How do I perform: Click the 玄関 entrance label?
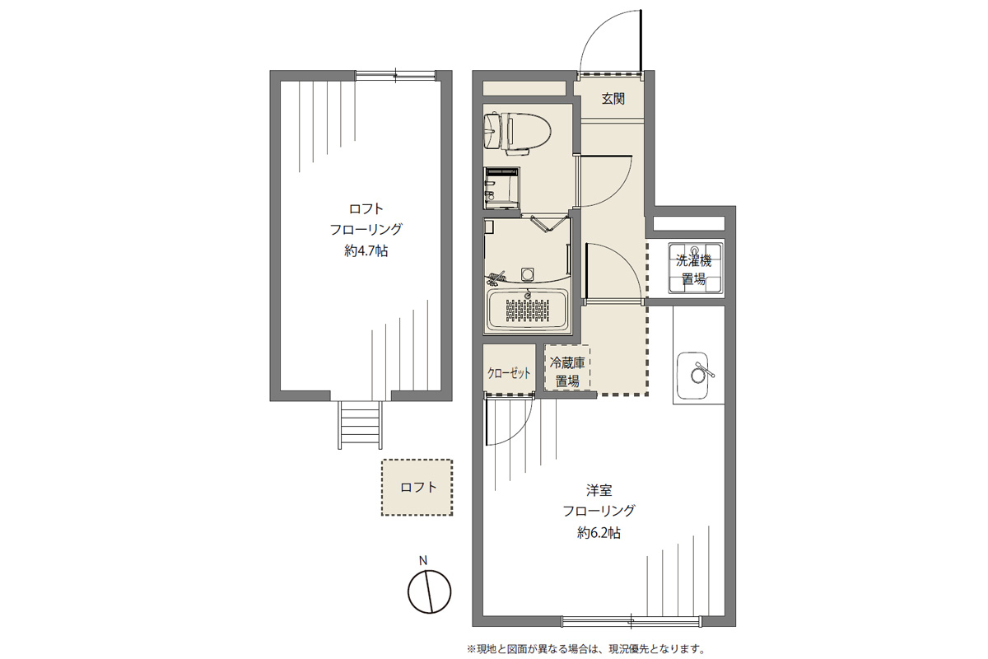(613, 98)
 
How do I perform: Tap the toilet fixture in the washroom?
(518, 133)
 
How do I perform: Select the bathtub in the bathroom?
(527, 310)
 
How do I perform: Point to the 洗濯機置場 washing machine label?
(694, 269)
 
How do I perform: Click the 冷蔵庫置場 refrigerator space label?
(567, 372)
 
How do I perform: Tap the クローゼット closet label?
(509, 373)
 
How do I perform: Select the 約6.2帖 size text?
(599, 533)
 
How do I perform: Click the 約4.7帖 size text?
(366, 250)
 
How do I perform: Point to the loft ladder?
(361, 424)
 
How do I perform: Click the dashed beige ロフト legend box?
(417, 488)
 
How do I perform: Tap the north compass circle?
(429, 591)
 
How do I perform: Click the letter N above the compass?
(423, 561)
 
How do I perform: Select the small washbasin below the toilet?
(501, 188)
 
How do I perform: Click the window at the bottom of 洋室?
(631, 621)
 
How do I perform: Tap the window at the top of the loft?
(396, 76)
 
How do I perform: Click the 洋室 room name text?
(599, 489)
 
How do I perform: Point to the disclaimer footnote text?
(586, 649)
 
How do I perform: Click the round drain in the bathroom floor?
(528, 274)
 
